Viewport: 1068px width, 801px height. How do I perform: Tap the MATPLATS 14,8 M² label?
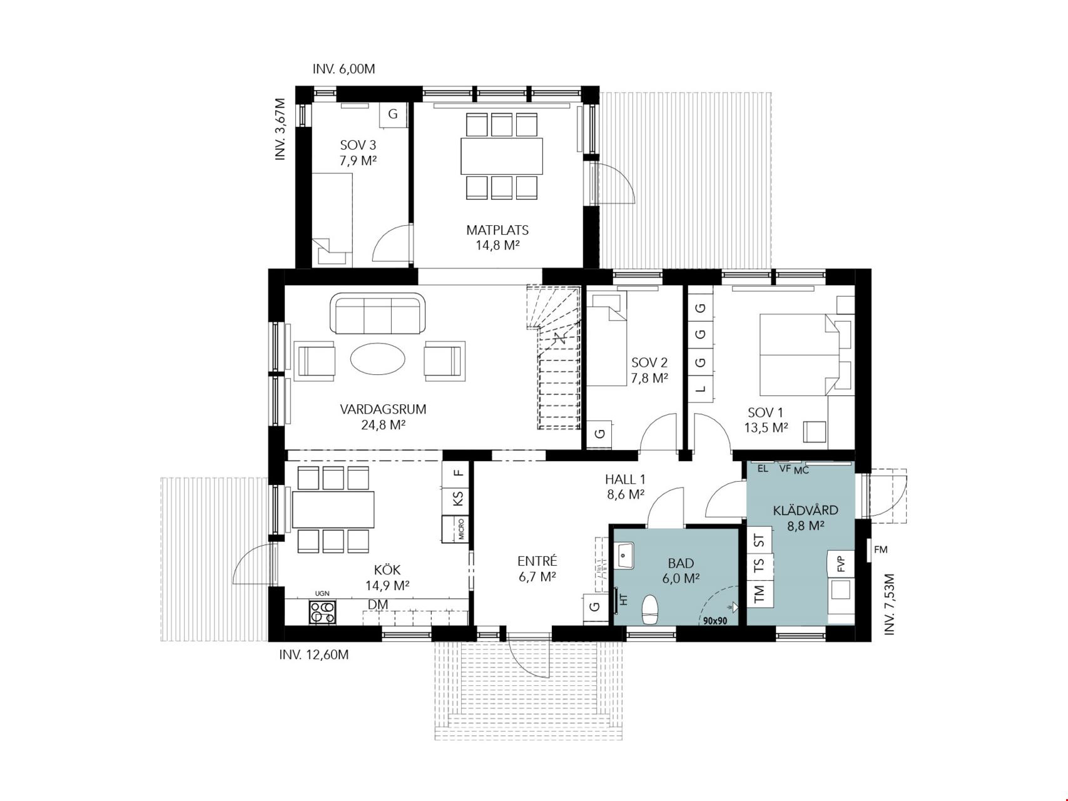tap(497, 237)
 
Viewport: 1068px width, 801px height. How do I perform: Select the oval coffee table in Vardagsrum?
tap(378, 360)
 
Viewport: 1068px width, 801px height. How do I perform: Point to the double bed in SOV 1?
tap(799, 355)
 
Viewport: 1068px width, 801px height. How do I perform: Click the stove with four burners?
tap(322, 612)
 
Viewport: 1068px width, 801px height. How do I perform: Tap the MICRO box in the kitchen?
tap(455, 529)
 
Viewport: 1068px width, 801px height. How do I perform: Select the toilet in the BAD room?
tap(651, 610)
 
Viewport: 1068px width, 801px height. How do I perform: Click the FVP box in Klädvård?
tap(841, 564)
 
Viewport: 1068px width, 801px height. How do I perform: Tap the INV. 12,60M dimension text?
tap(313, 655)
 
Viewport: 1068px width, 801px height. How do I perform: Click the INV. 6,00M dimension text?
tap(343, 69)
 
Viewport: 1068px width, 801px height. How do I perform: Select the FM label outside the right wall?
tap(880, 550)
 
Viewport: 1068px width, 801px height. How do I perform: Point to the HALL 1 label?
tap(625, 479)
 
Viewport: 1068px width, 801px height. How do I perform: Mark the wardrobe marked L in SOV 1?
tap(701, 389)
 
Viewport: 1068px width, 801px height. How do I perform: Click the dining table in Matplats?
tap(502, 156)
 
